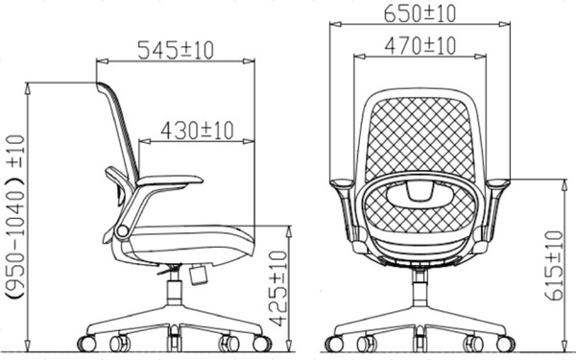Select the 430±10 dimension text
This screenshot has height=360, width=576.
coord(199,129)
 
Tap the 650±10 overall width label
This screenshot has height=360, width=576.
coord(420,13)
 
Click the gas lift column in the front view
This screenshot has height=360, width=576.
coord(420,288)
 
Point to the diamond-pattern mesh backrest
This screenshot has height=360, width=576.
coord(420,134)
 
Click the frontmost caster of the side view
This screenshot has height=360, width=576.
coord(261,343)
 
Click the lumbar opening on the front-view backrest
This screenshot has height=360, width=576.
coord(420,192)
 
